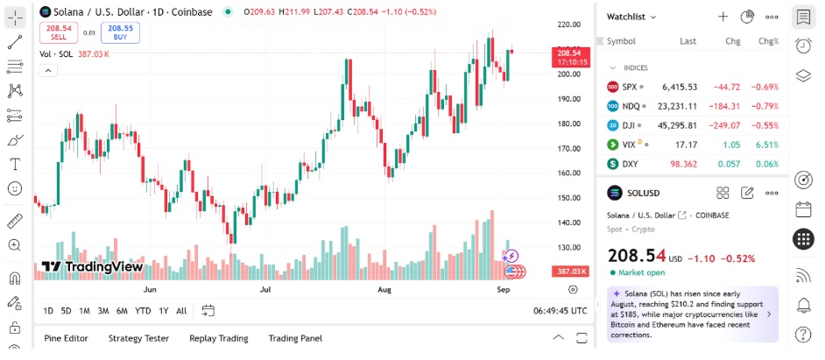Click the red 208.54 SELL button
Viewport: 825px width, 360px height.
coord(59,32)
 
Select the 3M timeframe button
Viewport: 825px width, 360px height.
coord(102,311)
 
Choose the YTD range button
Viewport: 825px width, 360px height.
coord(143,311)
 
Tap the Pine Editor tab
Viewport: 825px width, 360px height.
coord(66,338)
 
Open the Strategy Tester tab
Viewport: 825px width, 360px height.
coord(138,338)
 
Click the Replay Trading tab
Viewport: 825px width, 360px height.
coord(218,338)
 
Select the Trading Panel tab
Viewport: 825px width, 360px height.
coord(295,338)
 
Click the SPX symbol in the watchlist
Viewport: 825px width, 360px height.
coord(630,87)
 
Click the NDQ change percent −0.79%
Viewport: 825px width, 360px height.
coord(766,106)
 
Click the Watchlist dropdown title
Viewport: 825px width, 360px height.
coord(631,16)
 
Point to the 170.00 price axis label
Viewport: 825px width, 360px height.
coord(570,148)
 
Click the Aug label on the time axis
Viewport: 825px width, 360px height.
coord(384,288)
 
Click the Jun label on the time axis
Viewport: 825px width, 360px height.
coord(150,288)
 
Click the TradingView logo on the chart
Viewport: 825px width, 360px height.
coord(92,267)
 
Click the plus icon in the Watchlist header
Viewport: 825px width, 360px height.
coord(723,16)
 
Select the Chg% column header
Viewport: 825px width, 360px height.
coord(768,41)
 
